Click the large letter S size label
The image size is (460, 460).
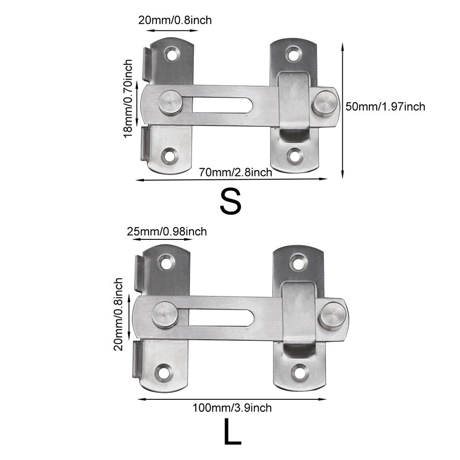230,201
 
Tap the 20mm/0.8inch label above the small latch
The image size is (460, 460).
175,20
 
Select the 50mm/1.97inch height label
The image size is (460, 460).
385,107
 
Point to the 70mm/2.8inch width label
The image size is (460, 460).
235,172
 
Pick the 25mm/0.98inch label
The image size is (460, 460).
166,231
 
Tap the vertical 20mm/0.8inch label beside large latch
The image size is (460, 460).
119,314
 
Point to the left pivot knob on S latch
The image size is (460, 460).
170,102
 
